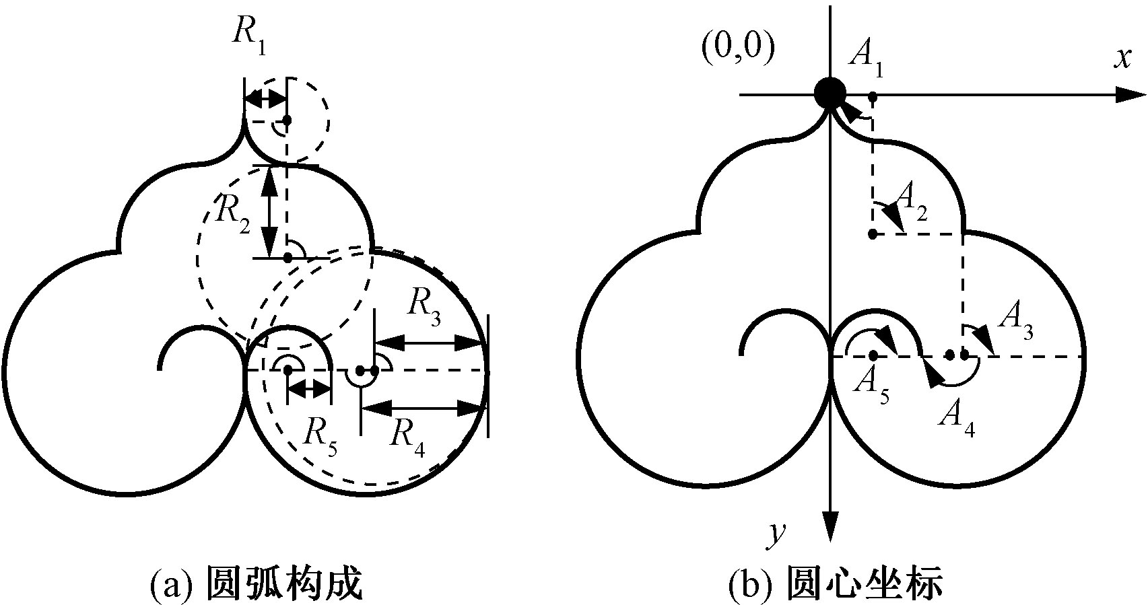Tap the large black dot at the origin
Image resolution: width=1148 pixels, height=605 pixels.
[x=830, y=94]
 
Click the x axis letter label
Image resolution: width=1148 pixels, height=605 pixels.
[x=1121, y=59]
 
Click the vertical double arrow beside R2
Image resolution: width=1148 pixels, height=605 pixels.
[x=270, y=210]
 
